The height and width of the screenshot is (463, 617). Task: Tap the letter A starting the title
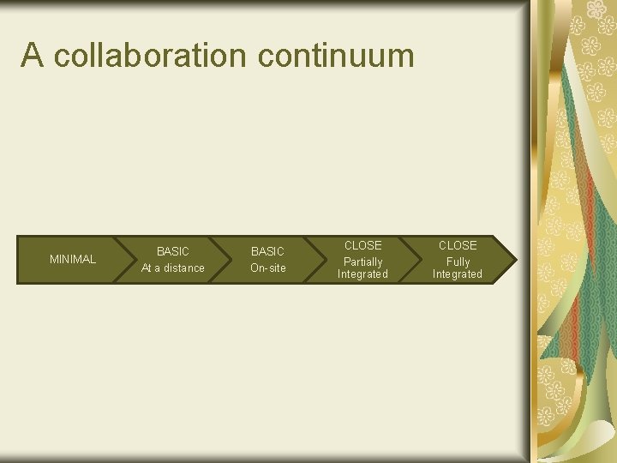[33, 56]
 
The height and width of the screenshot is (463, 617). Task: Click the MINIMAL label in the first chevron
[73, 259]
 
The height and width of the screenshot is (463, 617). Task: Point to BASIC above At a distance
[173, 251]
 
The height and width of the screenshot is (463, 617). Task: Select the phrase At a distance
[173, 268]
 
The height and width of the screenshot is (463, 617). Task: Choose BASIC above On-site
[267, 251]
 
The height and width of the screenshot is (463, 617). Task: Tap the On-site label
[267, 268]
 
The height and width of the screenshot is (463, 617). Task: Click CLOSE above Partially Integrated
[362, 245]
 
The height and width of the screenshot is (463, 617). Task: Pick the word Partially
[362, 262]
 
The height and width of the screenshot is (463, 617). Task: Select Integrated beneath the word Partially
[362, 274]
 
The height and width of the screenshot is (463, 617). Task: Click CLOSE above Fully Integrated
[458, 245]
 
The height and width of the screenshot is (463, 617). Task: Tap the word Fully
[458, 262]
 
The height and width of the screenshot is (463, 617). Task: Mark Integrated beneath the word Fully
[458, 274]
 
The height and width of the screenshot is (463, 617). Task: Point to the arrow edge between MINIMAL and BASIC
[137, 259]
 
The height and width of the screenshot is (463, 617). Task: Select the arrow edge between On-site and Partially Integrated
[326, 259]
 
